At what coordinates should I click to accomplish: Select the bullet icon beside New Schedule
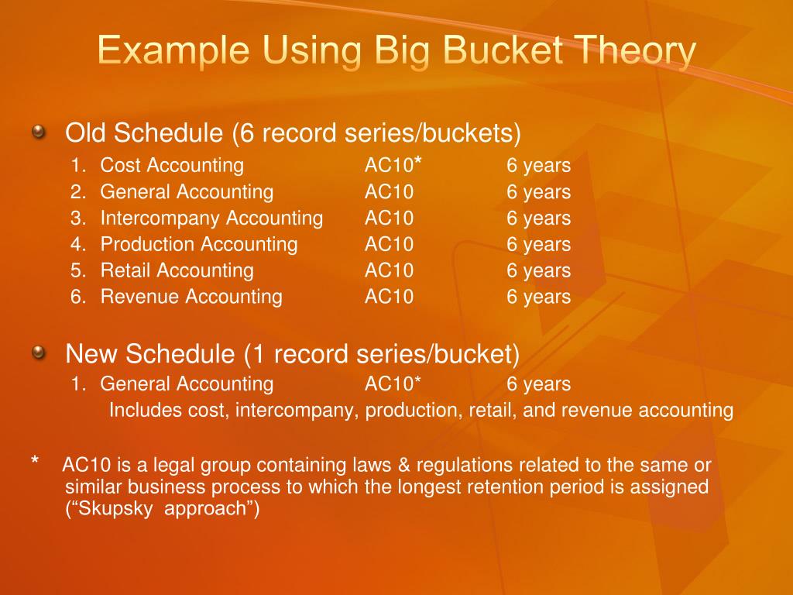click(38, 353)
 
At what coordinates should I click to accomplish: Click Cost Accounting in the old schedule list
click(172, 165)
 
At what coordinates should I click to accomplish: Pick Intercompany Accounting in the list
click(211, 218)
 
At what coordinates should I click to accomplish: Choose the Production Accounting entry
click(199, 244)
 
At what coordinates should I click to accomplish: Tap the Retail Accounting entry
click(177, 270)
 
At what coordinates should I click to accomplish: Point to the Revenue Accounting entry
click(191, 297)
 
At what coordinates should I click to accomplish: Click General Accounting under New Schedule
click(187, 383)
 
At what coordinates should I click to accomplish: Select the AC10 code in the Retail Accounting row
click(389, 270)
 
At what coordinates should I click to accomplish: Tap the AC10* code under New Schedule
click(393, 383)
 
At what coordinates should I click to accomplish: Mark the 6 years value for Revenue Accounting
click(538, 297)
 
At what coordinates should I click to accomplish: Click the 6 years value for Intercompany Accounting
click(538, 218)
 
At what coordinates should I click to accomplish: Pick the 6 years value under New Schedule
click(538, 383)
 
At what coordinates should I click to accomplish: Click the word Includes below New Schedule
click(146, 410)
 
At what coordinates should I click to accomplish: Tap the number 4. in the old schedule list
click(77, 244)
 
